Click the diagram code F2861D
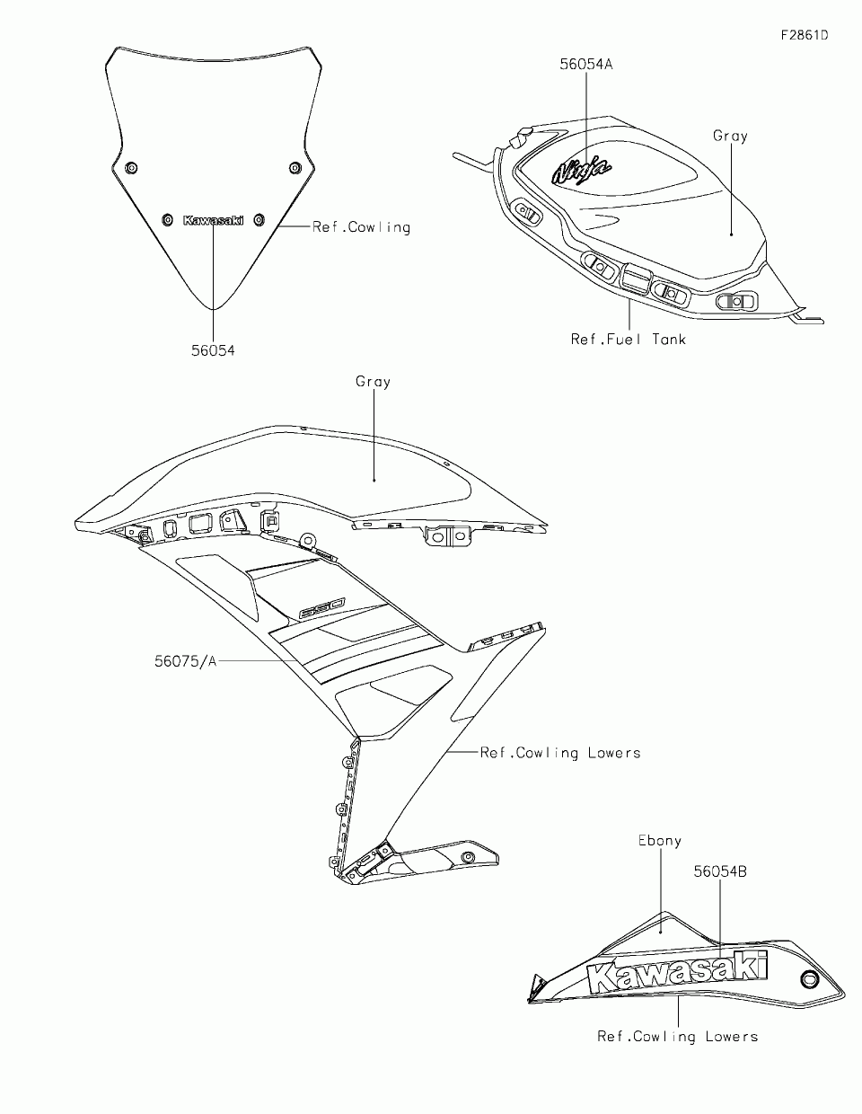[x=804, y=36]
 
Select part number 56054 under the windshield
[x=213, y=350]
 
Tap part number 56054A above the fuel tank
[x=586, y=64]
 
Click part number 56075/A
[x=185, y=661]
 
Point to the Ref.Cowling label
[x=361, y=227]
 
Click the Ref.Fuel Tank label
[x=629, y=339]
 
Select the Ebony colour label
[x=660, y=841]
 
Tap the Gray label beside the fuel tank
[x=730, y=136]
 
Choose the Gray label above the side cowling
[x=373, y=382]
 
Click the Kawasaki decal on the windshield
[x=213, y=220]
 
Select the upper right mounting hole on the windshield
[x=295, y=168]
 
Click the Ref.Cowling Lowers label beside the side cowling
[x=560, y=753]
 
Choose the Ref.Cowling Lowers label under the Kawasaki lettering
[x=678, y=1037]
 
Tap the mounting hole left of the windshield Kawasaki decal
[x=167, y=219]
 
